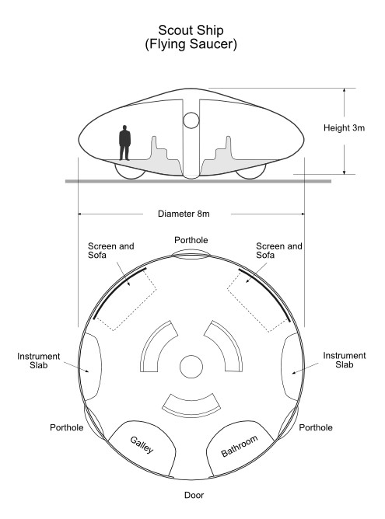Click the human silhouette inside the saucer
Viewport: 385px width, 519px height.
click(x=124, y=143)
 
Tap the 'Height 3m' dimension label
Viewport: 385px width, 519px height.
click(x=344, y=127)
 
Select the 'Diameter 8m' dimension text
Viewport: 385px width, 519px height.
click(x=184, y=214)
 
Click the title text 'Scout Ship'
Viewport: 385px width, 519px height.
click(x=191, y=30)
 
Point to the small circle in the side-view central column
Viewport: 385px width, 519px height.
click(x=191, y=120)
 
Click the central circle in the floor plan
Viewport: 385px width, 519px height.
click(x=191, y=367)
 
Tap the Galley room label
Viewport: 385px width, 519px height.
click(x=142, y=444)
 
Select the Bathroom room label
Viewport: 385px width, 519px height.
click(x=240, y=446)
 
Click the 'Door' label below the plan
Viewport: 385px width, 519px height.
click(x=194, y=495)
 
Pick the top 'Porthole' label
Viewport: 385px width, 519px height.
click(x=191, y=240)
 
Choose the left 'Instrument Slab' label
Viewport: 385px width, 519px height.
click(x=39, y=361)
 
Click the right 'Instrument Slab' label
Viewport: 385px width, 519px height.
click(x=345, y=361)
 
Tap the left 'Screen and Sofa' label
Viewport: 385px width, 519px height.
click(x=111, y=250)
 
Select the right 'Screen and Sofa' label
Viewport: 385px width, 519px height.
click(x=279, y=250)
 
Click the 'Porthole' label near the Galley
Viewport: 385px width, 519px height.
click(x=67, y=427)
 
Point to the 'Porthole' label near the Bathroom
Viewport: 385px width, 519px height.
click(x=316, y=427)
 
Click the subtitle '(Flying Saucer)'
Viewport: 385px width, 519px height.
click(x=191, y=44)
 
